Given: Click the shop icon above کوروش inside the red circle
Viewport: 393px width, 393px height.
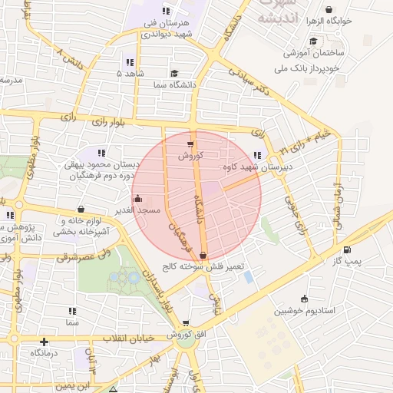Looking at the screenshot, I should (190, 144).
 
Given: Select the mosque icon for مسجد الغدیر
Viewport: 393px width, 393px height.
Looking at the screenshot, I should (137, 199).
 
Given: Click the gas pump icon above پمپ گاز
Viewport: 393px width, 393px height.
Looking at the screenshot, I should (347, 250).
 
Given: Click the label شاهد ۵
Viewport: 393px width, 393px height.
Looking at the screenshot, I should (130, 73).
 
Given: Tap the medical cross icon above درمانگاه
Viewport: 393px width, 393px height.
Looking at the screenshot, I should (44, 342).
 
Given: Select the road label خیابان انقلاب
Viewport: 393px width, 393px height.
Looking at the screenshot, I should (130, 338).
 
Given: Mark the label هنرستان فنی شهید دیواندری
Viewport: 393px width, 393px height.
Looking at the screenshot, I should (169, 28).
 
